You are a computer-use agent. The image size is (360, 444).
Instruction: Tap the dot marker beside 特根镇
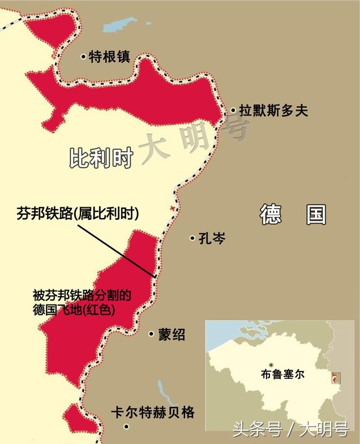coord(83,56)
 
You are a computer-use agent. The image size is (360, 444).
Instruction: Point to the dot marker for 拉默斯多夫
coord(233,111)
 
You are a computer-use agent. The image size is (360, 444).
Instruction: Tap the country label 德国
coord(293,214)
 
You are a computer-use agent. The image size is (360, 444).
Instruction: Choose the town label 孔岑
coord(212,238)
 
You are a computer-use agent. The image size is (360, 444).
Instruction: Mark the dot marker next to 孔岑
coord(192,238)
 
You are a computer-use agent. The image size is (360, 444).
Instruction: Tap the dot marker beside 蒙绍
coord(151,334)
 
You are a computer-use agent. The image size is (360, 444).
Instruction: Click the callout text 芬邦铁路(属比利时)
coord(78,214)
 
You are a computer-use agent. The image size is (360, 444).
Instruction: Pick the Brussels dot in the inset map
coord(272,364)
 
